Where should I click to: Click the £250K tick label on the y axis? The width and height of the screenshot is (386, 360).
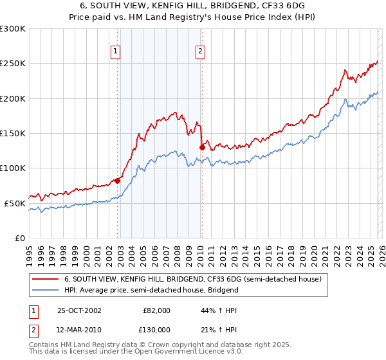[x=12, y=64]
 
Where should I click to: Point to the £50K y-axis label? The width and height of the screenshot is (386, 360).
[x=15, y=203]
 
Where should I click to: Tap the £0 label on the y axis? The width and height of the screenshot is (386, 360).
[x=20, y=238]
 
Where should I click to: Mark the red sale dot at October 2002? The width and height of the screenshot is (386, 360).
[x=118, y=181]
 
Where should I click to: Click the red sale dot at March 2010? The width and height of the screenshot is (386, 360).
[x=202, y=147]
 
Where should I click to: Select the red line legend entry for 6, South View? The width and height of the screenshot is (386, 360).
[x=197, y=280]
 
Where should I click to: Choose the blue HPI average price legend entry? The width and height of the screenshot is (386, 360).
[x=151, y=290]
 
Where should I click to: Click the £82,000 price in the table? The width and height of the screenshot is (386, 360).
[x=156, y=310]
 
